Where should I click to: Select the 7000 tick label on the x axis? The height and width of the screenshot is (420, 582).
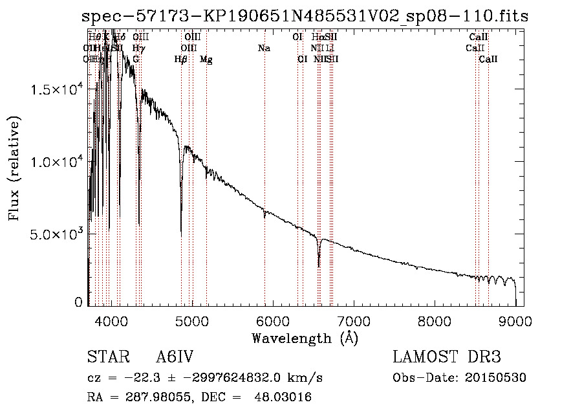click(x=353, y=321)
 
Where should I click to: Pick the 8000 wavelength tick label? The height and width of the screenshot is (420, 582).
click(x=434, y=321)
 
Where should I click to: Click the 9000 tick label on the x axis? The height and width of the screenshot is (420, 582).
click(x=515, y=321)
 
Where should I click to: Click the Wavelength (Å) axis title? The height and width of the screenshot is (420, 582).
click(x=305, y=338)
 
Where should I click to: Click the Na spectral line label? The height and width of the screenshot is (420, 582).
click(x=264, y=48)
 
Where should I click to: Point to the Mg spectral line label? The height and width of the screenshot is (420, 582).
click(x=206, y=60)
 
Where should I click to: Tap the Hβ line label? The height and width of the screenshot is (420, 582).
click(x=181, y=60)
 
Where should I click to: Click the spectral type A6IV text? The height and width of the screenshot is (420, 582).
click(x=175, y=358)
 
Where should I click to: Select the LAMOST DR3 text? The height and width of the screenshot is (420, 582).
click(x=446, y=358)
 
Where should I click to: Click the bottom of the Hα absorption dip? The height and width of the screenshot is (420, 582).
click(x=319, y=266)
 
